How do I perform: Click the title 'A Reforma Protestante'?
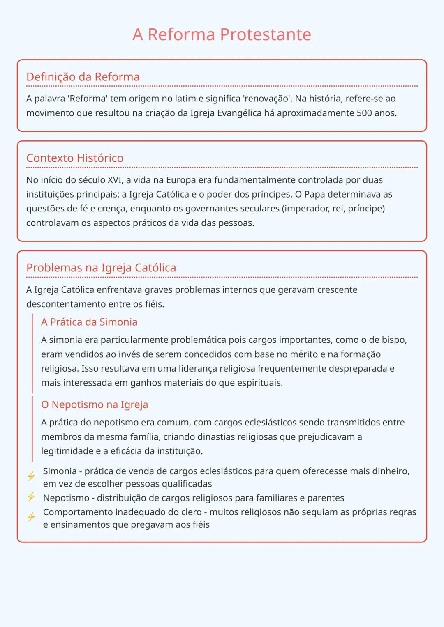tap(222, 34)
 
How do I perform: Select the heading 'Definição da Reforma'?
tap(83, 77)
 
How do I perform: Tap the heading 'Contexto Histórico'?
tap(74, 158)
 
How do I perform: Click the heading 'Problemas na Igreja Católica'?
tap(101, 268)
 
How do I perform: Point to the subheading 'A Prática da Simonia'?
tap(89, 322)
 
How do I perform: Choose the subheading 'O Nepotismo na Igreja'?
tap(94, 404)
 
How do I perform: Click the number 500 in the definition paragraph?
tap(364, 113)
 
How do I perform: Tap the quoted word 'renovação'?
tap(267, 99)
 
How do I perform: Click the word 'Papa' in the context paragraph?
tap(314, 194)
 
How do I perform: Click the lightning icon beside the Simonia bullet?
tap(31, 476)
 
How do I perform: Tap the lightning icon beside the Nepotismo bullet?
tap(31, 497)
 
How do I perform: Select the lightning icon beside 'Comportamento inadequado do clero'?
tap(31, 517)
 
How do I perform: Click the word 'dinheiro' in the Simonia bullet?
tap(389, 471)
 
